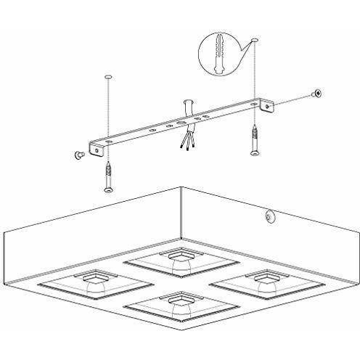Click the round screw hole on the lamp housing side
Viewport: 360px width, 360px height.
[x=270, y=216]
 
